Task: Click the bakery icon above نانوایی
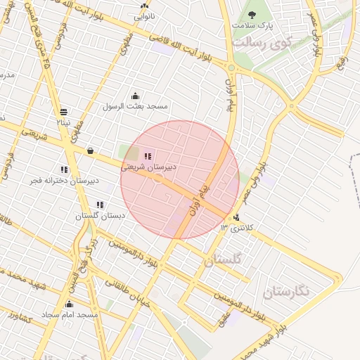tap(145, 6)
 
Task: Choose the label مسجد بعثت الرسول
tap(136, 106)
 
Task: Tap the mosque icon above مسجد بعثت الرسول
tap(135, 96)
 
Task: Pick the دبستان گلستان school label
tap(100, 216)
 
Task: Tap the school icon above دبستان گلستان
tap(100, 205)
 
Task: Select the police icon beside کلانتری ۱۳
tap(236, 217)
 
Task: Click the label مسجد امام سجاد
tap(69, 314)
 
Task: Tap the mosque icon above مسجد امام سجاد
tap(69, 304)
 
